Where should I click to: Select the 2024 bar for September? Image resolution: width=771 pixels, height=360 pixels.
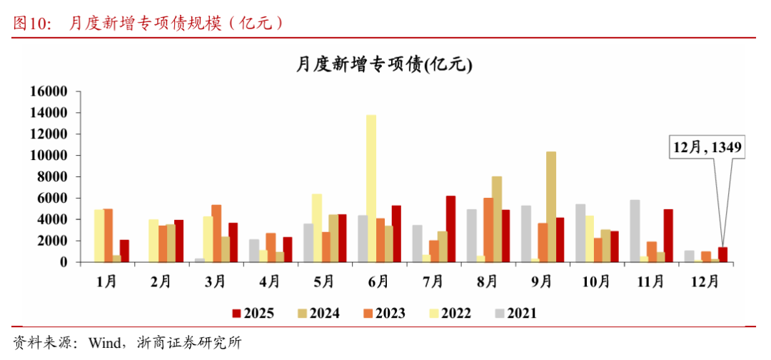coord(551,207)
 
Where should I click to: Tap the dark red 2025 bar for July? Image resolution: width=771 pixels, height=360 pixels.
coord(450,229)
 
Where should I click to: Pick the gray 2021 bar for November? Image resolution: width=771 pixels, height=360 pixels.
coord(635,231)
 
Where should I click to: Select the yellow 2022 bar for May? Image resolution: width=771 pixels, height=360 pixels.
coord(317,228)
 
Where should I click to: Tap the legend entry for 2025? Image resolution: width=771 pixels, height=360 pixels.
coord(253,313)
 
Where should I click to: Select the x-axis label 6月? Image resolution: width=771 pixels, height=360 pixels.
coord(378,281)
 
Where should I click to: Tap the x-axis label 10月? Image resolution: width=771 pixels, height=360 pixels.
coord(596,281)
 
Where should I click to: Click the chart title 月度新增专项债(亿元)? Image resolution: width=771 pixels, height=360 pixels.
coord(384,65)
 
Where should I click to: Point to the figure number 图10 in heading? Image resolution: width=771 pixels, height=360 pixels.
coord(32,23)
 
